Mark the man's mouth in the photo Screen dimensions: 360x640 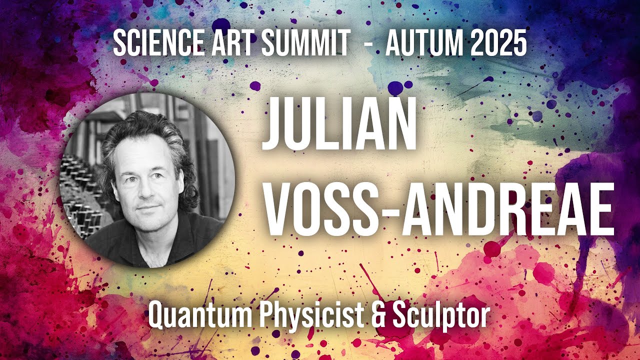[146, 207]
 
